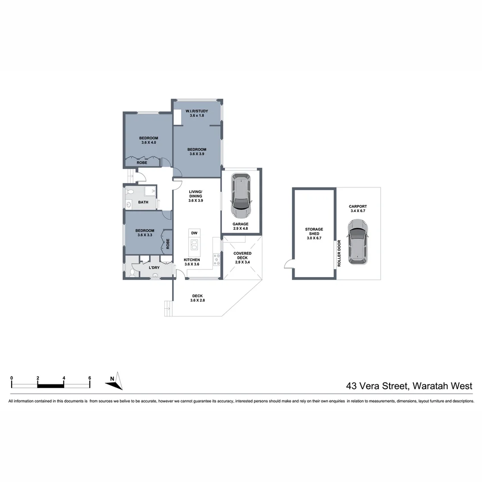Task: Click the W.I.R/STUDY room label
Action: coord(196,111)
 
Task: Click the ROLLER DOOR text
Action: coord(339,253)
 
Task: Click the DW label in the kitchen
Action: coord(194,233)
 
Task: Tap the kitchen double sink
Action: coord(194,245)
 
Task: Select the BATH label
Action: coord(143,202)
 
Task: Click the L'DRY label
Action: coord(154,267)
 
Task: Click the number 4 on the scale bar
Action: coord(64,378)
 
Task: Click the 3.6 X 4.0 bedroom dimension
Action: coord(148,143)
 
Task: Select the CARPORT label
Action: coord(358,207)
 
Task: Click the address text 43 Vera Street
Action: coord(376,386)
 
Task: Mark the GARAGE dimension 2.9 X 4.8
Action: coord(240,229)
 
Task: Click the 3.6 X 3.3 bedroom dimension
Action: coord(145,235)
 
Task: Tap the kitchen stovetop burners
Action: coord(217,259)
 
